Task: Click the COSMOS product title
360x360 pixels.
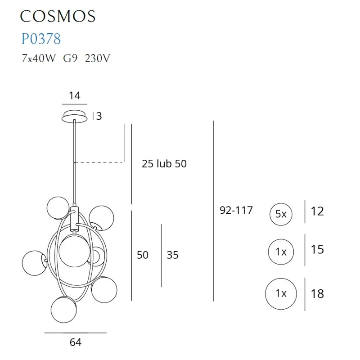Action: pyautogui.click(x=58, y=16)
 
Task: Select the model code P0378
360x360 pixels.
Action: pyautogui.click(x=41, y=39)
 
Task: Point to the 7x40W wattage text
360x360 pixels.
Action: pyautogui.click(x=38, y=59)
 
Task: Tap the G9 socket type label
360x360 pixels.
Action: pyautogui.click(x=70, y=59)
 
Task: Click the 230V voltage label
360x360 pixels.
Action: pyautogui.click(x=97, y=59)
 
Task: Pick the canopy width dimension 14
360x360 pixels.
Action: pyautogui.click(x=75, y=95)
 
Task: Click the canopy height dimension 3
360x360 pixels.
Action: pyautogui.click(x=99, y=116)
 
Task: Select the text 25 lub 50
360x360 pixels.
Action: pyautogui.click(x=164, y=164)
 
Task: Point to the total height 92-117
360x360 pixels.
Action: pyautogui.click(x=236, y=210)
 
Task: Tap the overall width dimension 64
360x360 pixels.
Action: pyautogui.click(x=76, y=342)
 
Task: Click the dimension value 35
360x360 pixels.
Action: pyautogui.click(x=172, y=255)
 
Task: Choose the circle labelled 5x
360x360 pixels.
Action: pyautogui.click(x=281, y=214)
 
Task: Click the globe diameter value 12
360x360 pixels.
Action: pyautogui.click(x=317, y=211)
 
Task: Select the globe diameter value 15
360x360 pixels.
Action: pyautogui.click(x=317, y=249)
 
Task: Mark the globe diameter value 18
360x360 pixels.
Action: pyautogui.click(x=317, y=294)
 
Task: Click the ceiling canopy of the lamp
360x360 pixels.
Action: pyautogui.click(x=75, y=115)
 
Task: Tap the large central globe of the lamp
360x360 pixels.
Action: pyautogui.click(x=74, y=249)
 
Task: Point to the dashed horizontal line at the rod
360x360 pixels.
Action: pyautogui.click(x=99, y=162)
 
